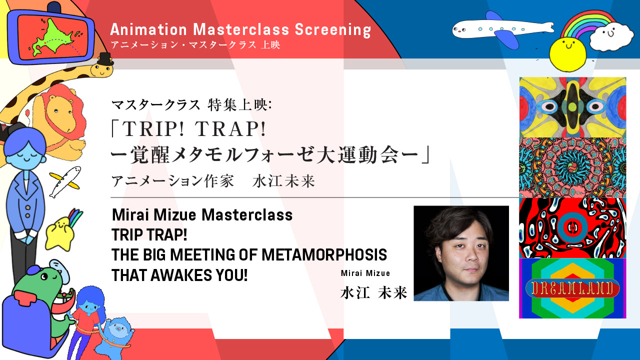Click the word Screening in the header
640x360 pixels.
pos(333,30)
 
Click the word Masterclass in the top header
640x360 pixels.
pos(241,29)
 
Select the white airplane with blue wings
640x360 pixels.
pos(503,28)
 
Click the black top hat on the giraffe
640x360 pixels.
pos(105,59)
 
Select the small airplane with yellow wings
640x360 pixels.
pos(65,182)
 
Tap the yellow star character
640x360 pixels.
pos(59,233)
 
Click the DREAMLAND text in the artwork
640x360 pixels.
pos(572,288)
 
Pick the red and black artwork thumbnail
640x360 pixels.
pos(572,228)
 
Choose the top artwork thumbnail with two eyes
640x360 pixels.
pos(572,107)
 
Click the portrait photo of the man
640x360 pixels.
pos(461,253)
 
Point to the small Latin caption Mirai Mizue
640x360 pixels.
pos(365,273)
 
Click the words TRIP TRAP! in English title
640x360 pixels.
pos(149,235)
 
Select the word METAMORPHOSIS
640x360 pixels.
pos(324,255)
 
